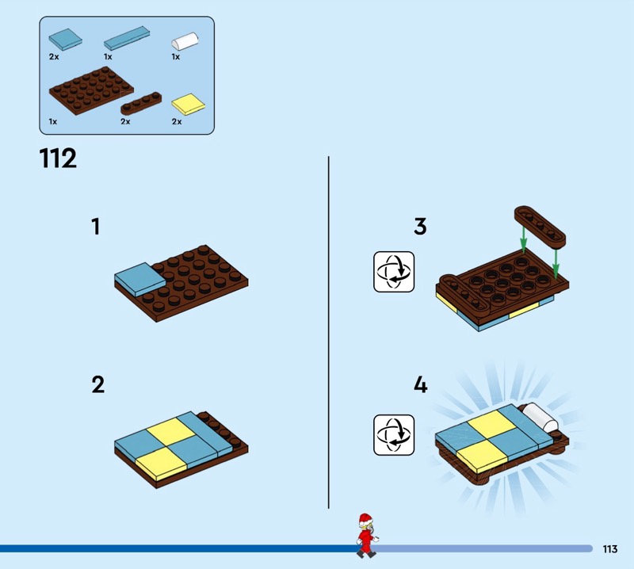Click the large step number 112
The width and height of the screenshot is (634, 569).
58,158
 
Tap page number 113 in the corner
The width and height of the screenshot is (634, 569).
609,548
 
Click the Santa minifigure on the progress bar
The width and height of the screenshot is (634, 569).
367,536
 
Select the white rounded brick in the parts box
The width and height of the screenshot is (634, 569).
185,41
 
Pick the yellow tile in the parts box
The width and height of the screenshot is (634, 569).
189,104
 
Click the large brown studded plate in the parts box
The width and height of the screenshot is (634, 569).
91,90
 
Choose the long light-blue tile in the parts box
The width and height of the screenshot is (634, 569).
127,38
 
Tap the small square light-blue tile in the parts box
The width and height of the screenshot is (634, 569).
66,39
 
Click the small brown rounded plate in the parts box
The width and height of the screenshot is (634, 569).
141,104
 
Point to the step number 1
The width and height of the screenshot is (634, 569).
95,227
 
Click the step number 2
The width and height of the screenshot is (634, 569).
97,384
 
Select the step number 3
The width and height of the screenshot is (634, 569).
420,227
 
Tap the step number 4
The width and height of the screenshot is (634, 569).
421,384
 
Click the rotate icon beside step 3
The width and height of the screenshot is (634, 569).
394,272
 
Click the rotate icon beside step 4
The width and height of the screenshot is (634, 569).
394,435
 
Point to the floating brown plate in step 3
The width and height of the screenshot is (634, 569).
540,227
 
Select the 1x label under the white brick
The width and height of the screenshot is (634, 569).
175,57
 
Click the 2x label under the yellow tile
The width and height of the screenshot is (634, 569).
177,122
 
